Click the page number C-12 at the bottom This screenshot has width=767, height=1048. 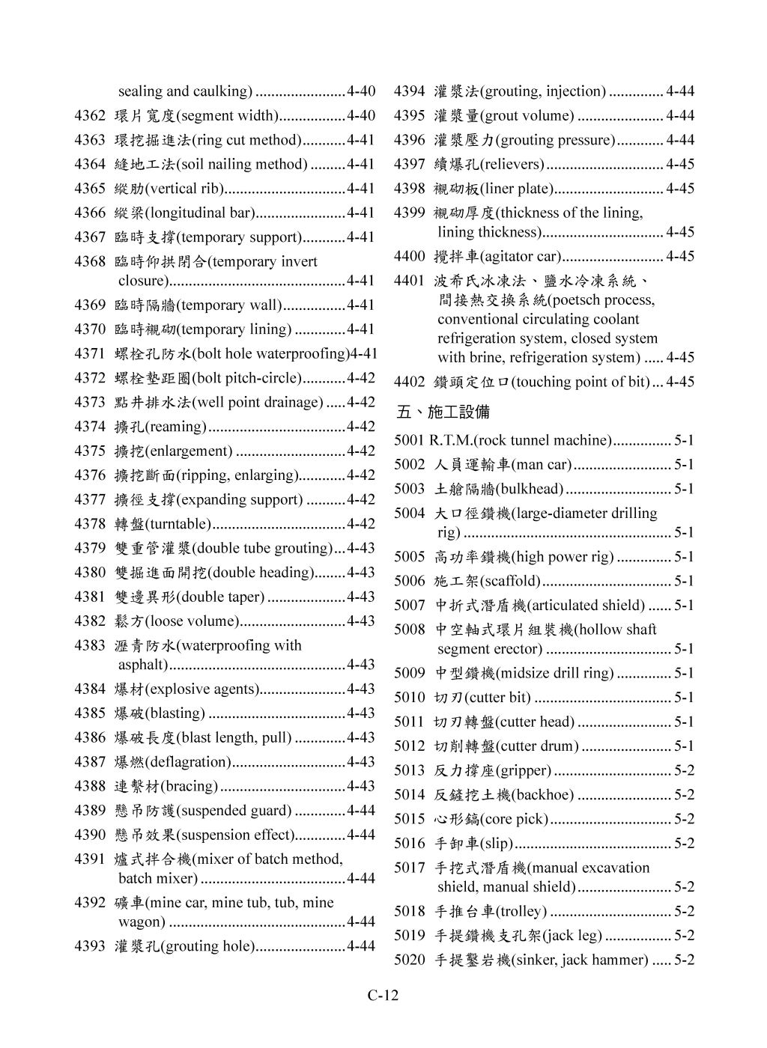coord(383,995)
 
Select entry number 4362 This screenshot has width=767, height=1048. coord(90,115)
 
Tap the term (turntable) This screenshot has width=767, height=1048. coord(178,523)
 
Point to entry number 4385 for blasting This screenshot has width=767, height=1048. coord(90,713)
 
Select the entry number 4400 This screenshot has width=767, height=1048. coord(410,256)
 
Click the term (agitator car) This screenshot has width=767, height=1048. coord(520,256)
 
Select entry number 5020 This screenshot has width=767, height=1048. coord(410,960)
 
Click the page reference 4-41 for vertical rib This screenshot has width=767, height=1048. coord(361,189)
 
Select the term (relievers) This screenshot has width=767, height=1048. coord(512,164)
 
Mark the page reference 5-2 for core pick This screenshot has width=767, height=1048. coord(684,819)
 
